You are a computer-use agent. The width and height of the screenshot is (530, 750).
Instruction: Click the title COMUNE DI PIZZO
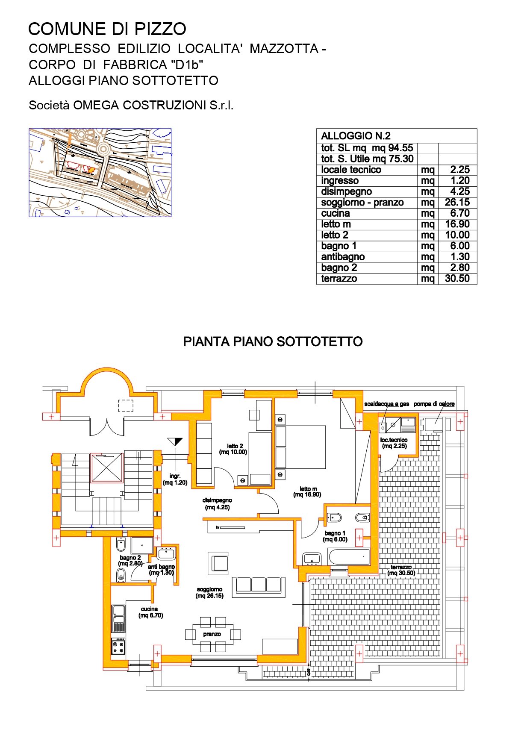[107, 29]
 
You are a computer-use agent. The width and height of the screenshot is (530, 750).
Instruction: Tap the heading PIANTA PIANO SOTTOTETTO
[273, 341]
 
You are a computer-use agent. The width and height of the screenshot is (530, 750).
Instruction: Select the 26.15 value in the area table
[457, 203]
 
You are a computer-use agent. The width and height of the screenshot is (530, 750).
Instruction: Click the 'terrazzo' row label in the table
[339, 279]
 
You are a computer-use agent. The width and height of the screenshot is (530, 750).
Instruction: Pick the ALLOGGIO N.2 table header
[356, 136]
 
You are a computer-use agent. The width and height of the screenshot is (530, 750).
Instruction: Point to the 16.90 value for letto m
[457, 224]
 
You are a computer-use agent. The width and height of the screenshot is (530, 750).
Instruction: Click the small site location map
[100, 173]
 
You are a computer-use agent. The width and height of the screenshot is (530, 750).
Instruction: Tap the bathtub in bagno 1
[349, 557]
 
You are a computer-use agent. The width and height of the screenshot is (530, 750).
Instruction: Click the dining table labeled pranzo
[212, 634]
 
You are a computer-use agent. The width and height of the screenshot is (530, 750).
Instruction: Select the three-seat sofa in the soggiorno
[259, 587]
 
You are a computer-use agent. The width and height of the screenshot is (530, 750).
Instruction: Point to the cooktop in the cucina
[118, 647]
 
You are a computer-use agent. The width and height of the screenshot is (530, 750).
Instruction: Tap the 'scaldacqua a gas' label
[386, 404]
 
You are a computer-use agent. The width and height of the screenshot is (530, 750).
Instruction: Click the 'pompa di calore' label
[434, 404]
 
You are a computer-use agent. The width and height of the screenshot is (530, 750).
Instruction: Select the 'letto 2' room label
[235, 446]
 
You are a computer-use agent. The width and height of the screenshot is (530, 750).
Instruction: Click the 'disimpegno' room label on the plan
[217, 500]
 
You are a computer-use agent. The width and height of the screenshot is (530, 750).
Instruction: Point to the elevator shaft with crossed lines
[107, 468]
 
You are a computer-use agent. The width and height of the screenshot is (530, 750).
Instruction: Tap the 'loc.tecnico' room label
[394, 440]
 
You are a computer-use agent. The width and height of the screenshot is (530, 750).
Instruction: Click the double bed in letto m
[300, 447]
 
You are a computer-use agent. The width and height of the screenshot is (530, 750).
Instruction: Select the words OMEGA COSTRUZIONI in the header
[140, 106]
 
